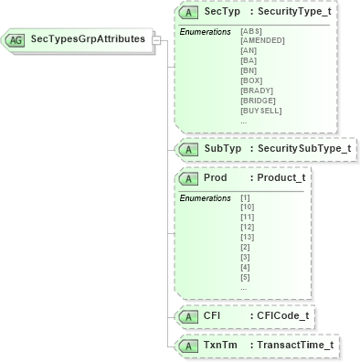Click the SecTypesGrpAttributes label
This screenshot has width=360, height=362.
point(88,39)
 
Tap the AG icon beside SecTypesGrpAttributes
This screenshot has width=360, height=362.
point(16,40)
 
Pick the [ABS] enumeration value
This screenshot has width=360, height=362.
point(250,31)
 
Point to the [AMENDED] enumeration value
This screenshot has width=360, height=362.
point(262,41)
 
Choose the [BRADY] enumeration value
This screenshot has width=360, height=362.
point(256,91)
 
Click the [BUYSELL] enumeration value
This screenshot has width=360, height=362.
point(260,111)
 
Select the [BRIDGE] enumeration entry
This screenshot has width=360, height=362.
point(258,101)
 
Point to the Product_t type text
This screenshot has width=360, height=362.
point(281,177)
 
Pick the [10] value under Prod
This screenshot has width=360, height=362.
point(247,208)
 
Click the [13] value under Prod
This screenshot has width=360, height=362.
point(247,237)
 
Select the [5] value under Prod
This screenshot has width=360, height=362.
point(244,277)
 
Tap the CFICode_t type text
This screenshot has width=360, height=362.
point(282,316)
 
